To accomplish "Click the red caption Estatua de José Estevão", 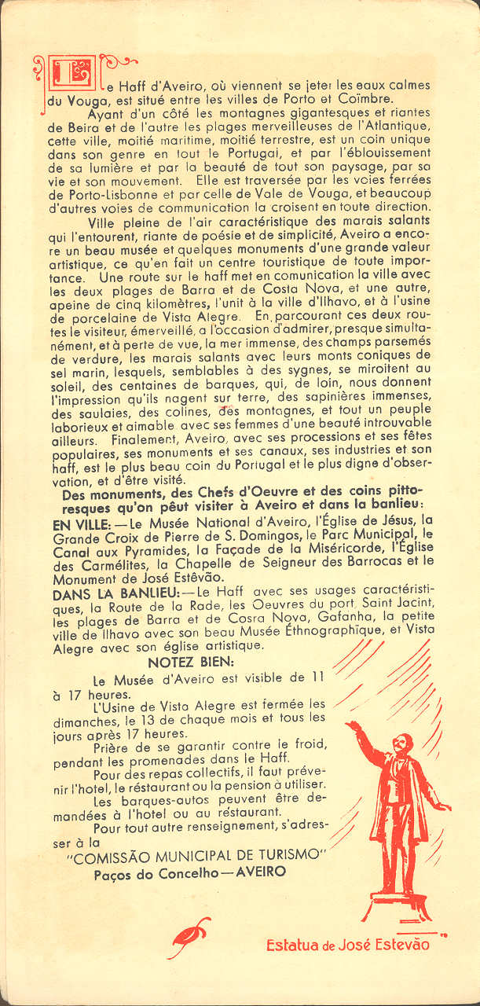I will pyautogui.click(x=347, y=945).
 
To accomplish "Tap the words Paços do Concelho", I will pyautogui.click(x=145, y=872).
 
